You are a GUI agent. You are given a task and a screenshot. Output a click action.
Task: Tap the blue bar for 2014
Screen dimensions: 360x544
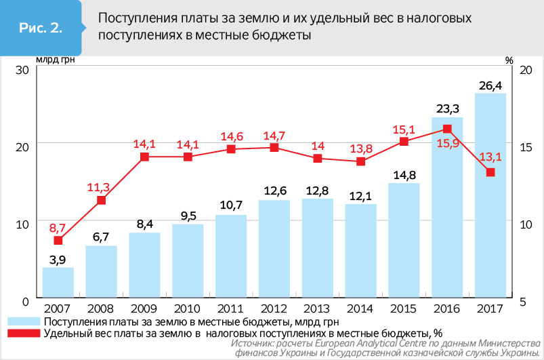(360, 250)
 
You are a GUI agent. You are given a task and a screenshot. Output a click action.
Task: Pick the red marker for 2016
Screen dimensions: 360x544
(447, 129)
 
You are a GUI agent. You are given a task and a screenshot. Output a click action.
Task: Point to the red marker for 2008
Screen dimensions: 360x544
(101, 201)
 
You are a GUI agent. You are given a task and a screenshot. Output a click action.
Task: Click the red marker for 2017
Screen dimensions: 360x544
(490, 172)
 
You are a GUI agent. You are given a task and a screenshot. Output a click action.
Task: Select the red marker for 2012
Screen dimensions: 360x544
(274, 147)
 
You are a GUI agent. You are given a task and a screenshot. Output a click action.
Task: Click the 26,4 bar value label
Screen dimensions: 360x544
(490, 86)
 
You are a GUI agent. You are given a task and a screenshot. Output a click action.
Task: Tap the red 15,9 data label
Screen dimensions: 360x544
(447, 144)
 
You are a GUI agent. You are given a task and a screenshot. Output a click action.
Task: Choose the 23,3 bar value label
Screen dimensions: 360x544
(447, 109)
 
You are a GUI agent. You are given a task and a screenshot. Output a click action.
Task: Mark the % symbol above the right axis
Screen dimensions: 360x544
(509, 60)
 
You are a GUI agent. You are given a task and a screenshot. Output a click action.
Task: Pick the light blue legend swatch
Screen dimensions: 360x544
(24, 321)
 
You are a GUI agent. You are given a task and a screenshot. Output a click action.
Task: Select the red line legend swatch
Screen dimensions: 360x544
(24, 333)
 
